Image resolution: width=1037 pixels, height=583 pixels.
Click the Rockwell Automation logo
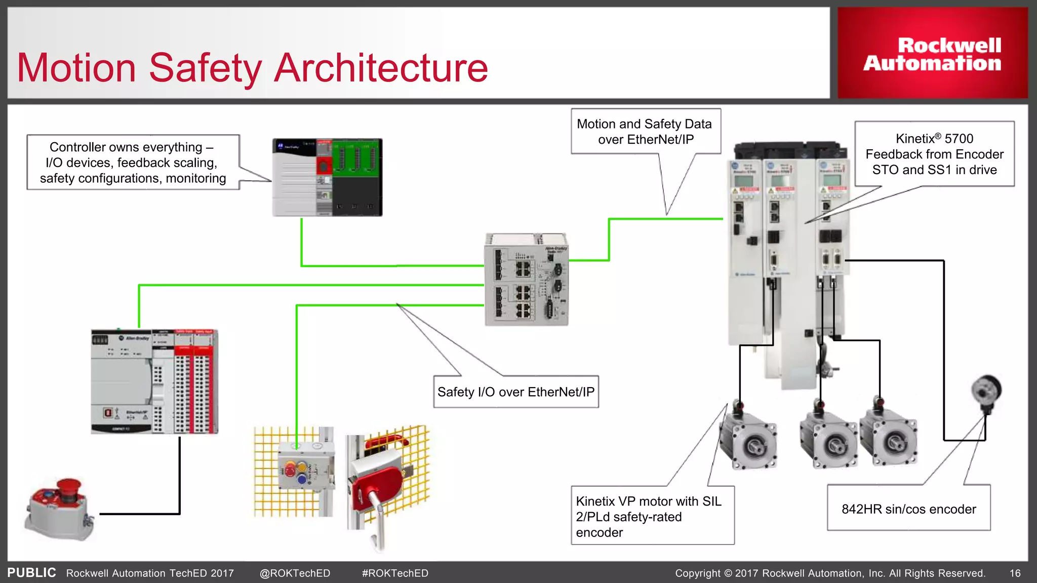tap(932, 54)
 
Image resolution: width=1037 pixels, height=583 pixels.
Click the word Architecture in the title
tap(381, 68)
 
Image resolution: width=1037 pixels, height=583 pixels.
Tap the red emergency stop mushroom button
tap(68, 488)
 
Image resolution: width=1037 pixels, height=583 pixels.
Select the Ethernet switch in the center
tap(527, 279)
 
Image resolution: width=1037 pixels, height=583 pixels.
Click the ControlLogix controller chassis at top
tap(327, 177)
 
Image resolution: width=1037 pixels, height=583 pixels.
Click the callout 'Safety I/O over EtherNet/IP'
tap(515, 392)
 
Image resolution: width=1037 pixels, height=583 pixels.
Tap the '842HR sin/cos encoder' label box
tap(908, 509)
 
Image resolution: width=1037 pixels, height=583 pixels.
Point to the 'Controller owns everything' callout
tap(133, 162)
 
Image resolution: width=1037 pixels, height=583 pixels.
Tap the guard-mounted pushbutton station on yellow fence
tap(302, 468)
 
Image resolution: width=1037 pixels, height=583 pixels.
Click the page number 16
tap(1015, 573)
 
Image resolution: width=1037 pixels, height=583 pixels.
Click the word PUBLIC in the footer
tap(31, 572)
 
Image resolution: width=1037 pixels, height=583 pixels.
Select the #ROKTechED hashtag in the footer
tap(395, 573)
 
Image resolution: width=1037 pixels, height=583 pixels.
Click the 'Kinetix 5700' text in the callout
tap(934, 139)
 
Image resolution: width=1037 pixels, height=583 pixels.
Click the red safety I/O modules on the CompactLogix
tap(195, 382)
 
